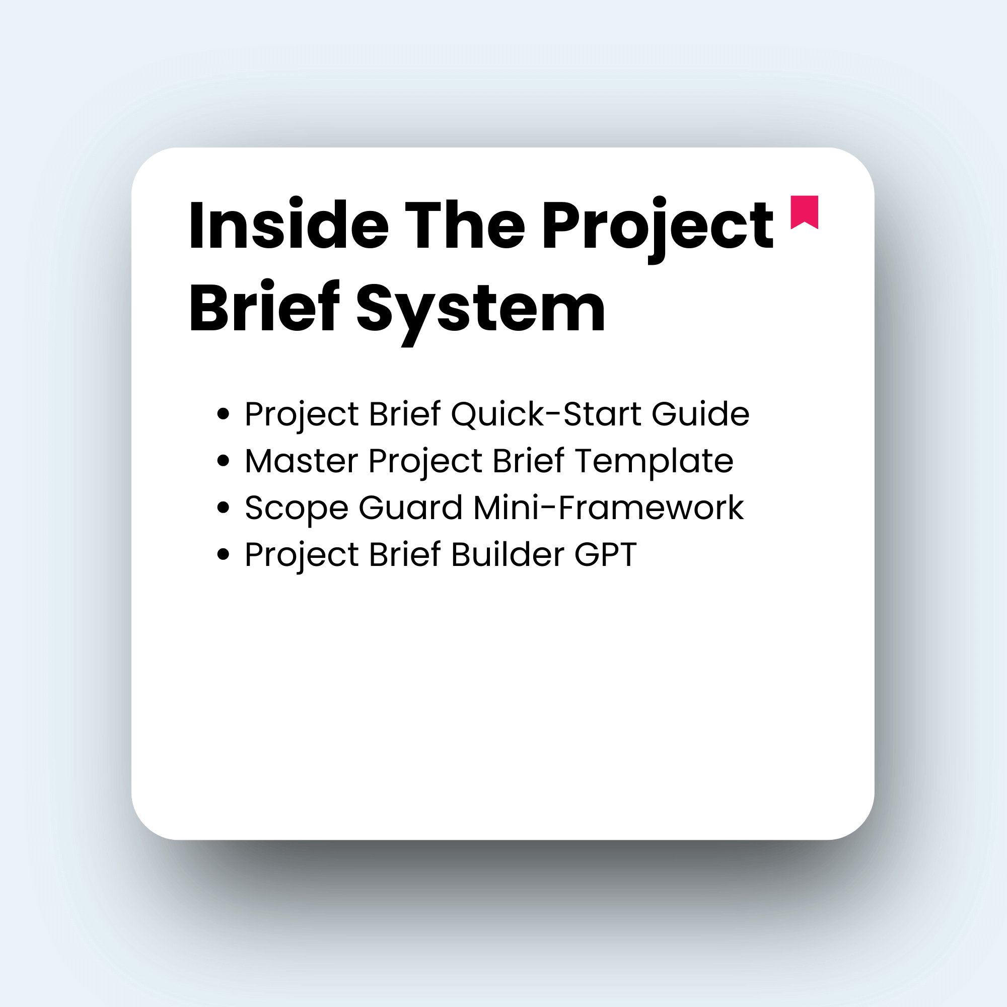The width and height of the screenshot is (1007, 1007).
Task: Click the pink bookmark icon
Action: (x=804, y=211)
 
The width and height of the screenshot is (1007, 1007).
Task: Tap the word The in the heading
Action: (x=465, y=225)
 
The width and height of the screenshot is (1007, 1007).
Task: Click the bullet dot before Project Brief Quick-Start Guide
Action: (x=223, y=414)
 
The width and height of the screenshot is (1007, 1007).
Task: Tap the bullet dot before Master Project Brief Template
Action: (x=223, y=461)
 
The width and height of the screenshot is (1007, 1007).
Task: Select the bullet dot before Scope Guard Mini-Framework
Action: (x=223, y=508)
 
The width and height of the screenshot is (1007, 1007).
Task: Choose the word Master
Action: (x=301, y=461)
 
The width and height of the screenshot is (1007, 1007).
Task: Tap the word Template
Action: (x=654, y=462)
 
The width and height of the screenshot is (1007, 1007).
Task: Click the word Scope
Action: (x=296, y=509)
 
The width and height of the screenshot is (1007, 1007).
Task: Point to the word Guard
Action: (x=410, y=508)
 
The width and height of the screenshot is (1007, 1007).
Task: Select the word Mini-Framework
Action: (x=608, y=508)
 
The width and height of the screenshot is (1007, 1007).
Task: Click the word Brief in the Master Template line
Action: (x=528, y=461)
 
